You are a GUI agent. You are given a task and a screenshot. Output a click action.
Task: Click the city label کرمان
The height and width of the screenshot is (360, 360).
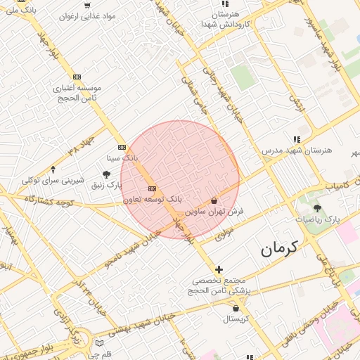pyautogui.click(x=279, y=247)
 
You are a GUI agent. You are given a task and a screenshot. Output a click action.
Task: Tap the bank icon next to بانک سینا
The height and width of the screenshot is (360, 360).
pyautogui.click(x=122, y=147)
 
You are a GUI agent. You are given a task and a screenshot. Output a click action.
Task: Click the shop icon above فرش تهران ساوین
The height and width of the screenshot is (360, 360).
pyautogui.click(x=214, y=200)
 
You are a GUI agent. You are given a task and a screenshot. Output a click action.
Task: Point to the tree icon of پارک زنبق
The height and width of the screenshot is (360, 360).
pyautogui.click(x=106, y=174)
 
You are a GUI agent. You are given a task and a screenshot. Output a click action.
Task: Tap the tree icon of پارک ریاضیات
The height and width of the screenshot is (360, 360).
pyautogui.click(x=316, y=208)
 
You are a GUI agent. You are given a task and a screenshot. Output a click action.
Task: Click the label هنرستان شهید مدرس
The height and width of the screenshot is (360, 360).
pyautogui.click(x=296, y=150)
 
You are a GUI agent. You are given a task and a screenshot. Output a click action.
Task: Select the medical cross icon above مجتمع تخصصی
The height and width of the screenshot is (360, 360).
pyautogui.click(x=219, y=269)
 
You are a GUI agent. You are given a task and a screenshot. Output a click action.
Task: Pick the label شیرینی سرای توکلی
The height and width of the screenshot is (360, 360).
pyautogui.click(x=53, y=180)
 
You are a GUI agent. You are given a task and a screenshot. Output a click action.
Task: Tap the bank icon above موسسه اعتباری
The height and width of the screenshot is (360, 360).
pyautogui.click(x=77, y=77)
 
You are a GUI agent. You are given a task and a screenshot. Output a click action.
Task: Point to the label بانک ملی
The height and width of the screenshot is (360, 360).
pyautogui.click(x=20, y=10)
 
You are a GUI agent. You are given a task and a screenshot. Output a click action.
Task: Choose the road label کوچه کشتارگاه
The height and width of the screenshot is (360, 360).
pyautogui.click(x=49, y=202)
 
